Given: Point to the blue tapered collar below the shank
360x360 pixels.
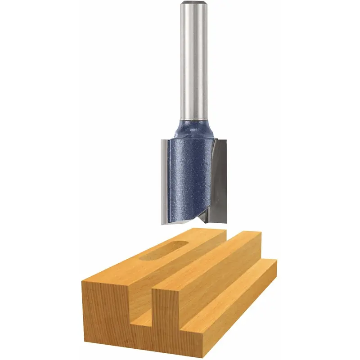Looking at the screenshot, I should point(193,129).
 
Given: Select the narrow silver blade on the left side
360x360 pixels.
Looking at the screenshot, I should point(164,180).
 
